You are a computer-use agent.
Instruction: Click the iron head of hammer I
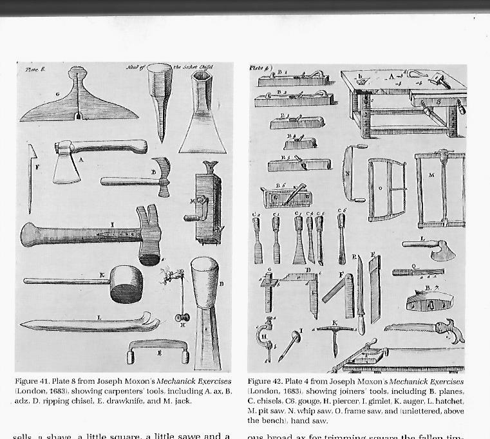click(x=149, y=236)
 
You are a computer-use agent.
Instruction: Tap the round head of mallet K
click(x=126, y=283)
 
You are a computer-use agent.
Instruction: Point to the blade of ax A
click(x=66, y=168)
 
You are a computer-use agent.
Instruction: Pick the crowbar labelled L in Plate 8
click(x=91, y=322)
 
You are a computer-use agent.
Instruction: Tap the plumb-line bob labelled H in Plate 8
click(x=182, y=317)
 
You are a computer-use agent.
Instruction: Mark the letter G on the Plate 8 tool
click(x=57, y=95)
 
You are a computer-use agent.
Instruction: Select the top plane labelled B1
click(x=293, y=80)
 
